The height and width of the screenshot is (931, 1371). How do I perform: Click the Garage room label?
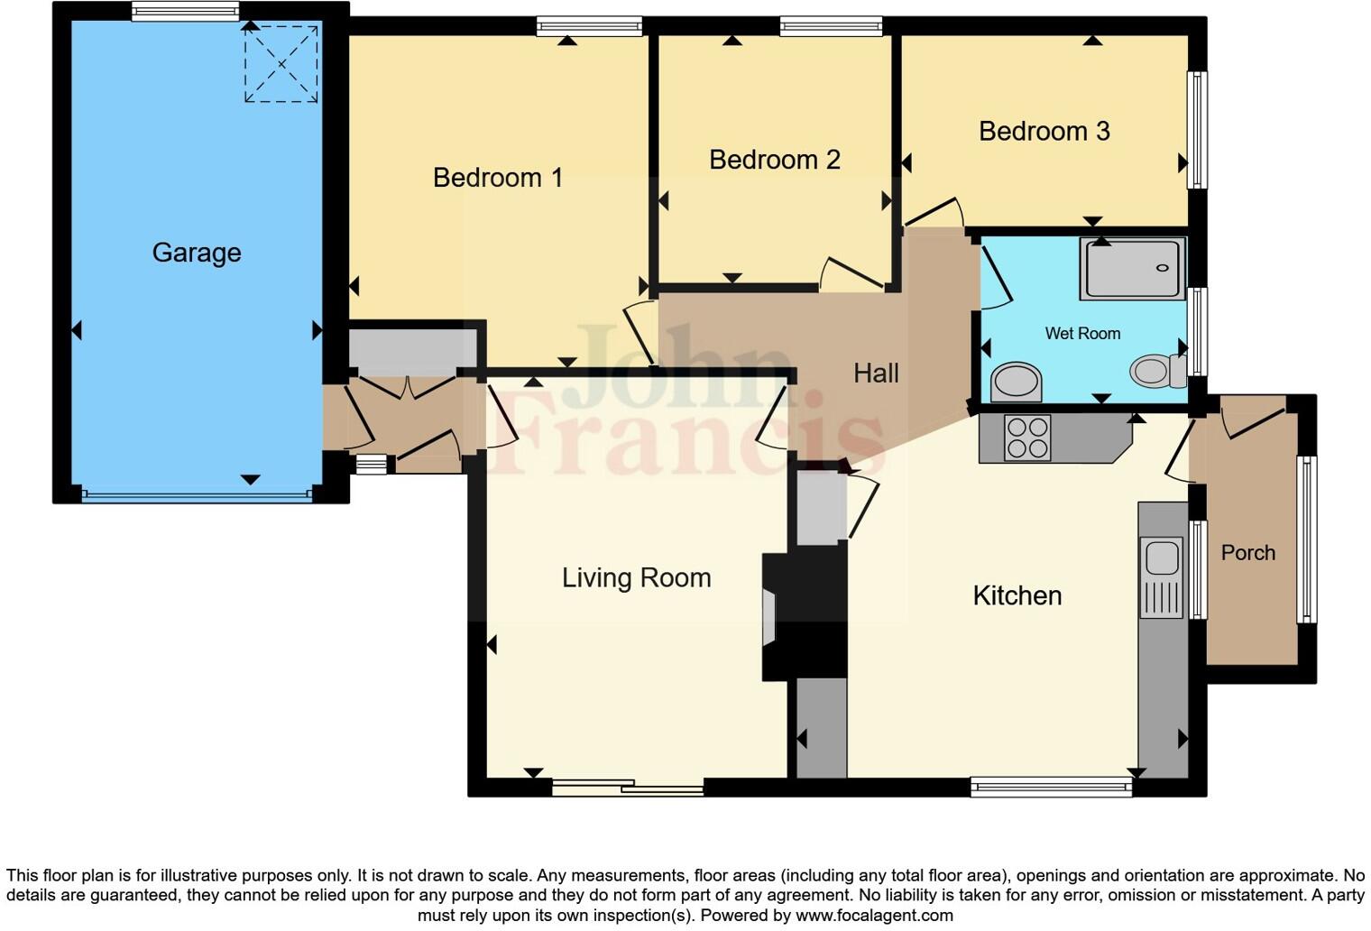(197, 253)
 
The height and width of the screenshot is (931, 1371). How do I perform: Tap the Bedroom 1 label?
(497, 178)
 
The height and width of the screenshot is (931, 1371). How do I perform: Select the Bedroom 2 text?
(774, 160)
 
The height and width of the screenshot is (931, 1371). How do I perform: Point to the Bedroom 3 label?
(1044, 132)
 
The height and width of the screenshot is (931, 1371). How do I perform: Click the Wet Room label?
(1082, 334)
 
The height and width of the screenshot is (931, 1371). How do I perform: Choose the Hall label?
(876, 373)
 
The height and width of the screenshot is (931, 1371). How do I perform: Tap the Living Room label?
(636, 577)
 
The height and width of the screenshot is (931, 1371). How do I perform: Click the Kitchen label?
(1017, 595)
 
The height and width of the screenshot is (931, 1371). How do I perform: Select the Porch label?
(1247, 553)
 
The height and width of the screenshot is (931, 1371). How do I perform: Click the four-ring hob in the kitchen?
(1027, 438)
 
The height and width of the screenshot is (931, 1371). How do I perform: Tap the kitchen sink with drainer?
(1161, 577)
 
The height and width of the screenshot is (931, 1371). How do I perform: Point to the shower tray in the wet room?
(1133, 268)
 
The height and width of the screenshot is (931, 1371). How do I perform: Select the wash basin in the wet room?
(1016, 381)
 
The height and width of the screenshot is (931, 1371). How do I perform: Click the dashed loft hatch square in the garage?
(281, 64)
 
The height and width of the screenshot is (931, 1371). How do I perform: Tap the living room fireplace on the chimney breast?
(768, 618)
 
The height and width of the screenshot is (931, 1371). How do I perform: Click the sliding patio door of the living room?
(628, 788)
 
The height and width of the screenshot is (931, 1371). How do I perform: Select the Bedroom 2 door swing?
(852, 273)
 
